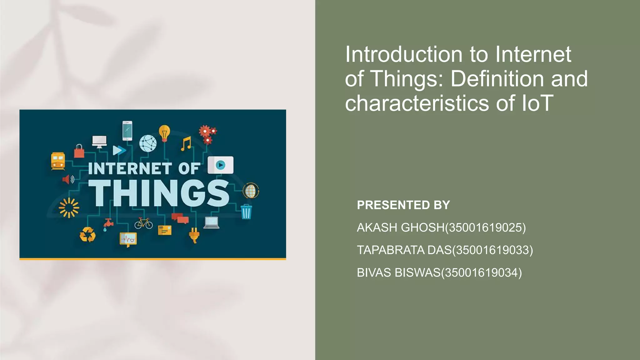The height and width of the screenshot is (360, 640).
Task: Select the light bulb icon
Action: pos(164,133)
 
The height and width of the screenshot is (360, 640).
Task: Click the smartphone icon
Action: pos(127,131)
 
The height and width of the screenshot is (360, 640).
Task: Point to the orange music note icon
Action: pos(186,144)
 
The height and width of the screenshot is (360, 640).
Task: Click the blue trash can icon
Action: pos(246,212)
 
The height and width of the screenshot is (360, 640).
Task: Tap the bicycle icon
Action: pos(144,223)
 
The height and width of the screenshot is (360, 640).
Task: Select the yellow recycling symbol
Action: pos(87,234)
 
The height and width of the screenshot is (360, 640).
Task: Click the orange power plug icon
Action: pos(194,235)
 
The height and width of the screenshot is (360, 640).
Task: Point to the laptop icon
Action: pos(212,222)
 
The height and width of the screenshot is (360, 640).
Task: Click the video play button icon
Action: pos(220,165)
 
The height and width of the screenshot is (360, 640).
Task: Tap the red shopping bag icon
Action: pos(79,151)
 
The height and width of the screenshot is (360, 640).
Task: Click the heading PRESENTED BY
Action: pos(403,205)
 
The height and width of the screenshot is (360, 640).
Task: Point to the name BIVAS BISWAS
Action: pos(398,272)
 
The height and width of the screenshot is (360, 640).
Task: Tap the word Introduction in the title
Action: pos(403,54)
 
